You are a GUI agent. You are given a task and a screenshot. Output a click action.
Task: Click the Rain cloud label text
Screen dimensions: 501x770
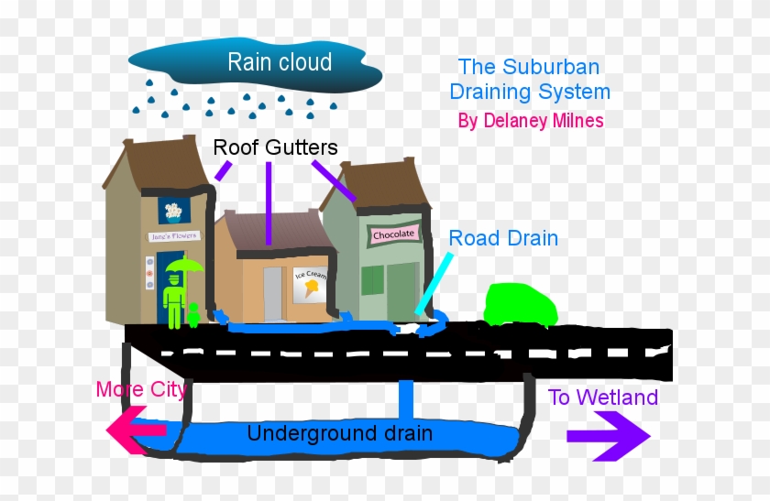(x=280, y=62)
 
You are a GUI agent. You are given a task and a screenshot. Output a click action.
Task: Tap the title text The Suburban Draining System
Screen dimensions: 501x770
(x=534, y=80)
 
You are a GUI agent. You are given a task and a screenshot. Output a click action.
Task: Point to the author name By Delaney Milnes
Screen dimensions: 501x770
(x=531, y=121)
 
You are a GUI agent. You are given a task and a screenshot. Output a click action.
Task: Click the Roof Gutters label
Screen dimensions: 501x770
(x=275, y=147)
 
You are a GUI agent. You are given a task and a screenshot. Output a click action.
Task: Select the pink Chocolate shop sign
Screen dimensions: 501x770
(x=393, y=234)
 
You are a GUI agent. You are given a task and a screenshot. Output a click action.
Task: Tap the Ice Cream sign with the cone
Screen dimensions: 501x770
(x=308, y=286)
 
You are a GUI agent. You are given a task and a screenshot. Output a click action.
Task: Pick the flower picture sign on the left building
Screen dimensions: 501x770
(x=171, y=210)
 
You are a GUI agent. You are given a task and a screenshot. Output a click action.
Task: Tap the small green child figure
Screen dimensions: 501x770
(x=193, y=314)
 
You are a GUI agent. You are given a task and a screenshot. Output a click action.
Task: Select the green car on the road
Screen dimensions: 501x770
(x=520, y=305)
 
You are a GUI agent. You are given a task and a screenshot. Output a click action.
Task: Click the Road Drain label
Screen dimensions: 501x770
(x=503, y=238)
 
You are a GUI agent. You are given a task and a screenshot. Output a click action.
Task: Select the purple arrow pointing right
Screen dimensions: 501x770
(x=609, y=437)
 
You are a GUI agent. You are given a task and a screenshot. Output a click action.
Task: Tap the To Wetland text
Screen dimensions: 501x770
(x=603, y=398)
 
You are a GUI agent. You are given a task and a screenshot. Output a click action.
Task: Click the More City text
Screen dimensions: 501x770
(x=141, y=390)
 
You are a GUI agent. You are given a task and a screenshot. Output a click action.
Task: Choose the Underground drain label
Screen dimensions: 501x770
(x=339, y=433)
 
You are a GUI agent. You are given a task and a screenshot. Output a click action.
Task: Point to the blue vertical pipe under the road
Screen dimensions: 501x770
(x=405, y=400)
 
